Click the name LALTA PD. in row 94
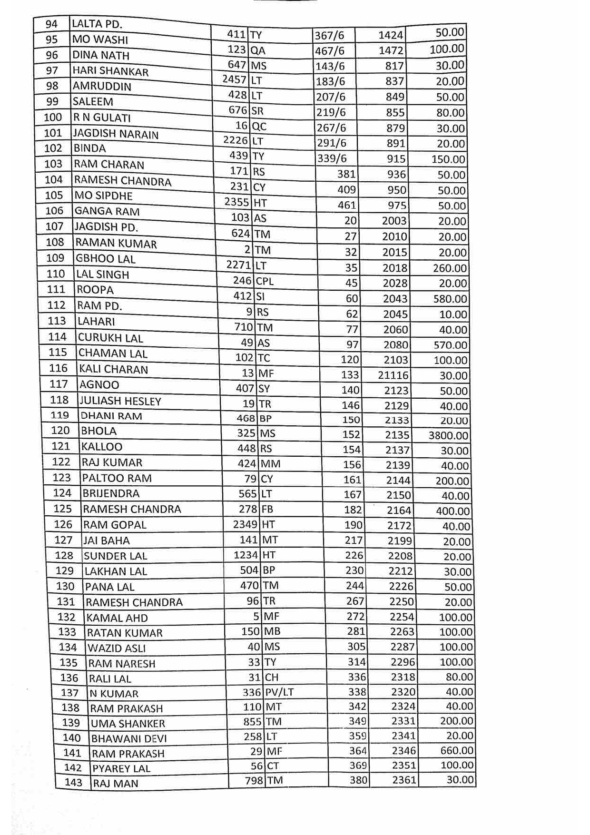click(97, 24)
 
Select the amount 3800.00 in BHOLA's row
click(448, 435)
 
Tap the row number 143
click(73, 782)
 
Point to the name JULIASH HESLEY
click(120, 401)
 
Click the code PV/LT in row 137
click(279, 692)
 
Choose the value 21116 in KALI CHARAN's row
click(393, 375)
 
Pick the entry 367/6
click(329, 35)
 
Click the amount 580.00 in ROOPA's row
click(450, 299)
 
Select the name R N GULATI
click(102, 118)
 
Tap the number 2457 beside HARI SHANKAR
click(235, 79)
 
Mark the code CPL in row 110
click(265, 281)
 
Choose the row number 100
click(53, 117)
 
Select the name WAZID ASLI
click(117, 648)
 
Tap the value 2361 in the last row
click(404, 780)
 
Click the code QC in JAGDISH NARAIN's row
click(259, 127)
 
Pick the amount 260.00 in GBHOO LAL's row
click(450, 268)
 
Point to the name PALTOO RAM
click(117, 478)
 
